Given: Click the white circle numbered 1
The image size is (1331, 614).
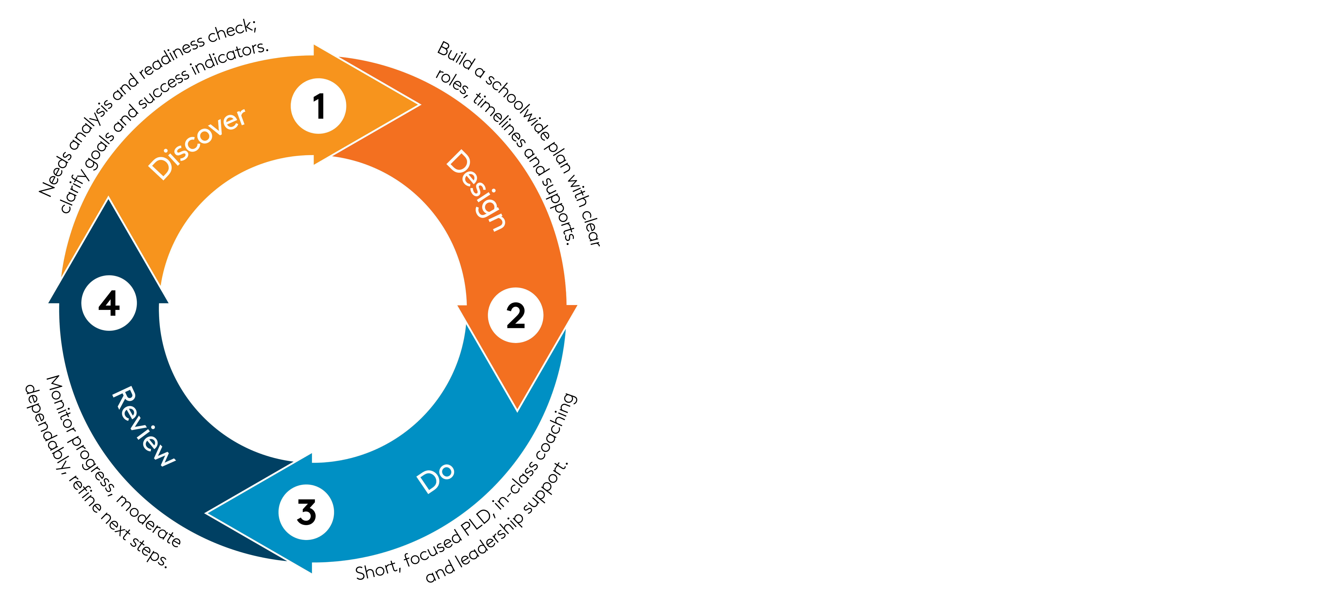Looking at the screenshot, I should pos(318,106).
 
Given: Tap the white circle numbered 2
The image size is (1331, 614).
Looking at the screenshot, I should pos(515,315).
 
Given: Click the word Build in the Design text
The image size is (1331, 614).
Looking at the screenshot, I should pos(456,56).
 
